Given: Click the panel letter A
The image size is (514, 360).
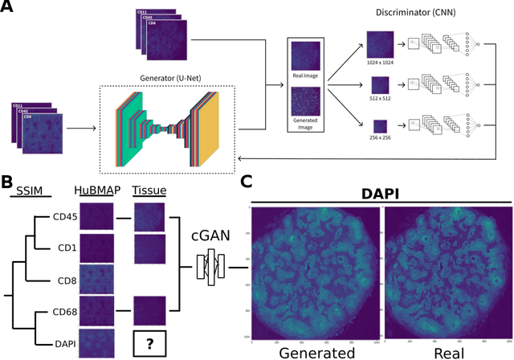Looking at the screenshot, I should [x=9, y=9].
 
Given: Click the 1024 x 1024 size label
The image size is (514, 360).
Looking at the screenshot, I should [x=377, y=63].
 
